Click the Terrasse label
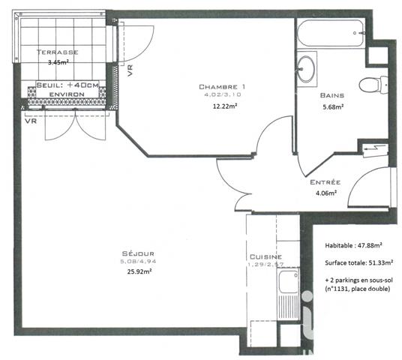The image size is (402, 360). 56,52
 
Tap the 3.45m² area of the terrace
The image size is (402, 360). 57,64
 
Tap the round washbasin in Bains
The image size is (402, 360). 306,69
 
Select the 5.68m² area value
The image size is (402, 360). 332,106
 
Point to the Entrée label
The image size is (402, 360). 325,182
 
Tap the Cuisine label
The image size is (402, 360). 265,256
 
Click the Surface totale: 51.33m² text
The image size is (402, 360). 359,262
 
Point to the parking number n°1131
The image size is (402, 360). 339,289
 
